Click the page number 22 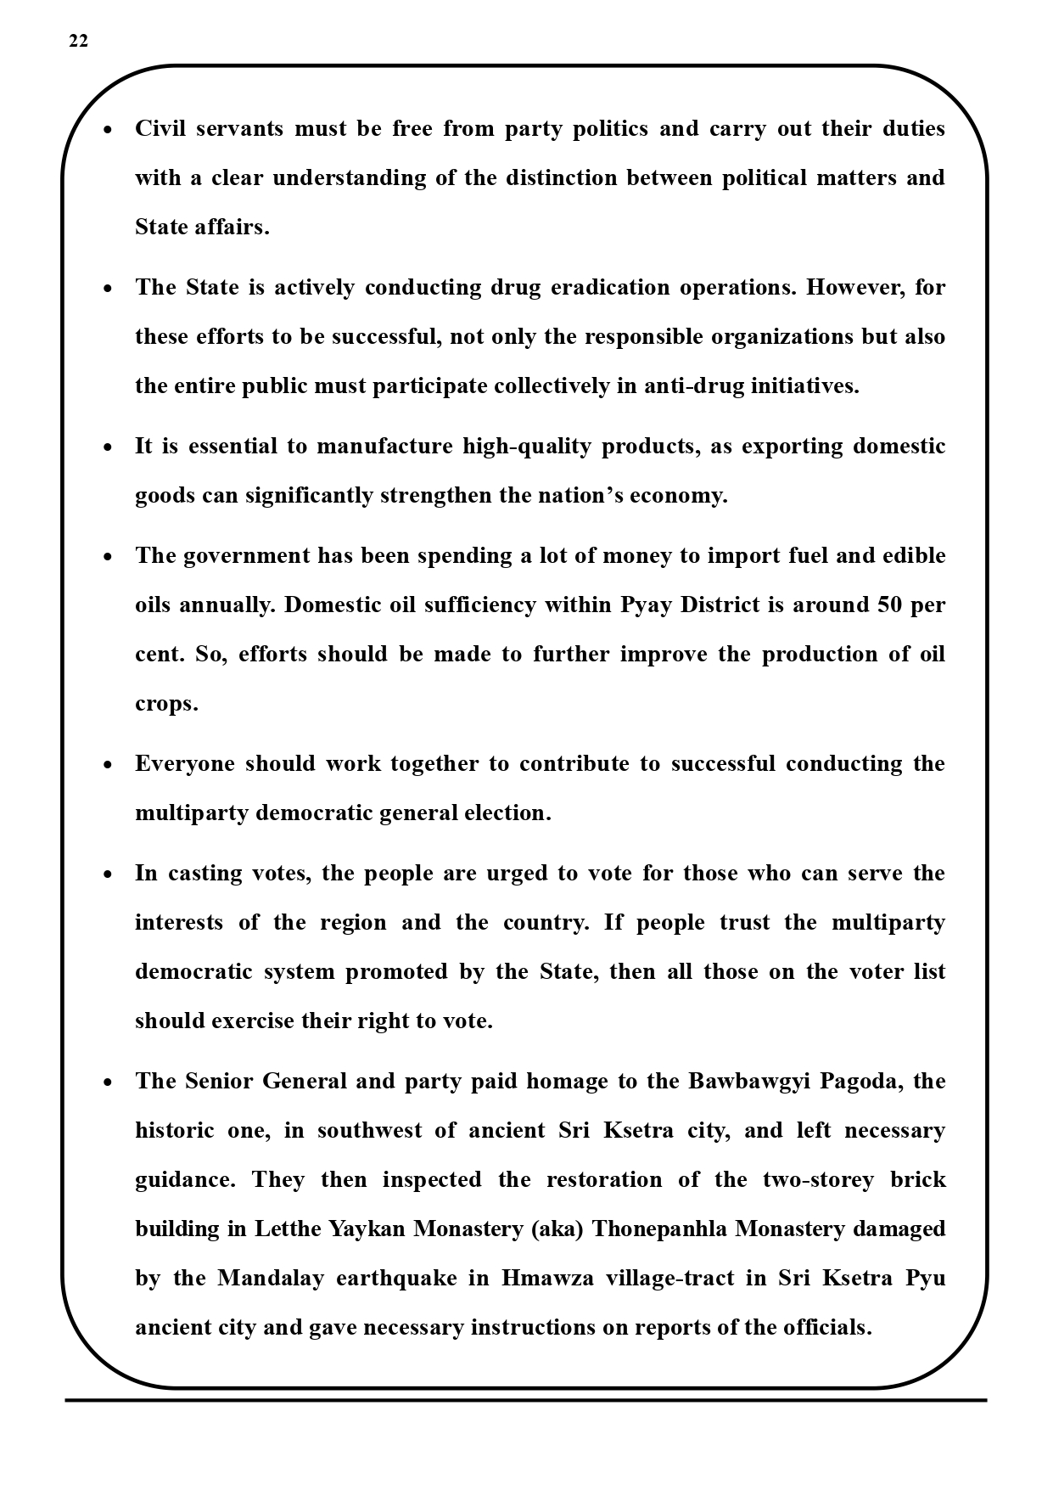[x=78, y=42]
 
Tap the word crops [x=166, y=705]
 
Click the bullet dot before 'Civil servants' [x=108, y=130]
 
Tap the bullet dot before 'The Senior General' [x=108, y=1082]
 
